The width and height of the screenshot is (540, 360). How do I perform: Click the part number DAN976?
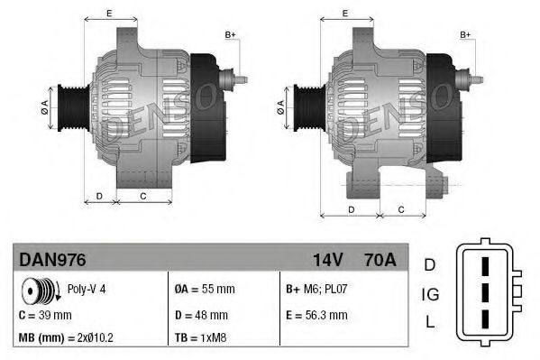[x=52, y=260]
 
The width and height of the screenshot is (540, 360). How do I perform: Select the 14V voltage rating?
[x=327, y=260]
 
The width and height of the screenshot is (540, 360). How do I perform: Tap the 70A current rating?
[x=377, y=260]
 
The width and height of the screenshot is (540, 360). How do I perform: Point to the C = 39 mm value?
[x=45, y=315]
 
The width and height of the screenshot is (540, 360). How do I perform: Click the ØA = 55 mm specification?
[x=204, y=291]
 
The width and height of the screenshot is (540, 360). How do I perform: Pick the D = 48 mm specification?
[x=201, y=315]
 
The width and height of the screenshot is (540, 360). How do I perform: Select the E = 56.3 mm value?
[x=316, y=315]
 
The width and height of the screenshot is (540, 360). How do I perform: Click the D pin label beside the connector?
[x=429, y=264]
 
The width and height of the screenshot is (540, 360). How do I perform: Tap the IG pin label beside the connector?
[x=430, y=294]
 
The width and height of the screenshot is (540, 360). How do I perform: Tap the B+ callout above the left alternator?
[x=230, y=34]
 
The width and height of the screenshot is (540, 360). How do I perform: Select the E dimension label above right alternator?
[x=346, y=13]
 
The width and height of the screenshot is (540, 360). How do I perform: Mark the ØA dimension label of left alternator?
[x=42, y=107]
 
